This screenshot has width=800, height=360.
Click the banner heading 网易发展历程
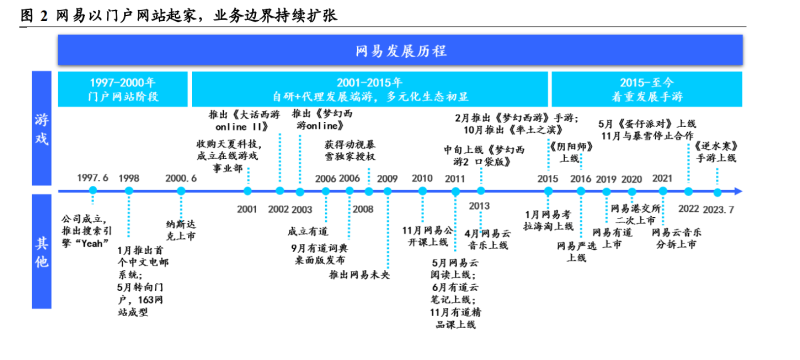(x=400, y=51)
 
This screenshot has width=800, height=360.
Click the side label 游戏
(x=41, y=132)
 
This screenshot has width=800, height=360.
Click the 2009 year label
(x=387, y=178)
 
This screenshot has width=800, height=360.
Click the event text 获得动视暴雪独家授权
(x=349, y=150)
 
